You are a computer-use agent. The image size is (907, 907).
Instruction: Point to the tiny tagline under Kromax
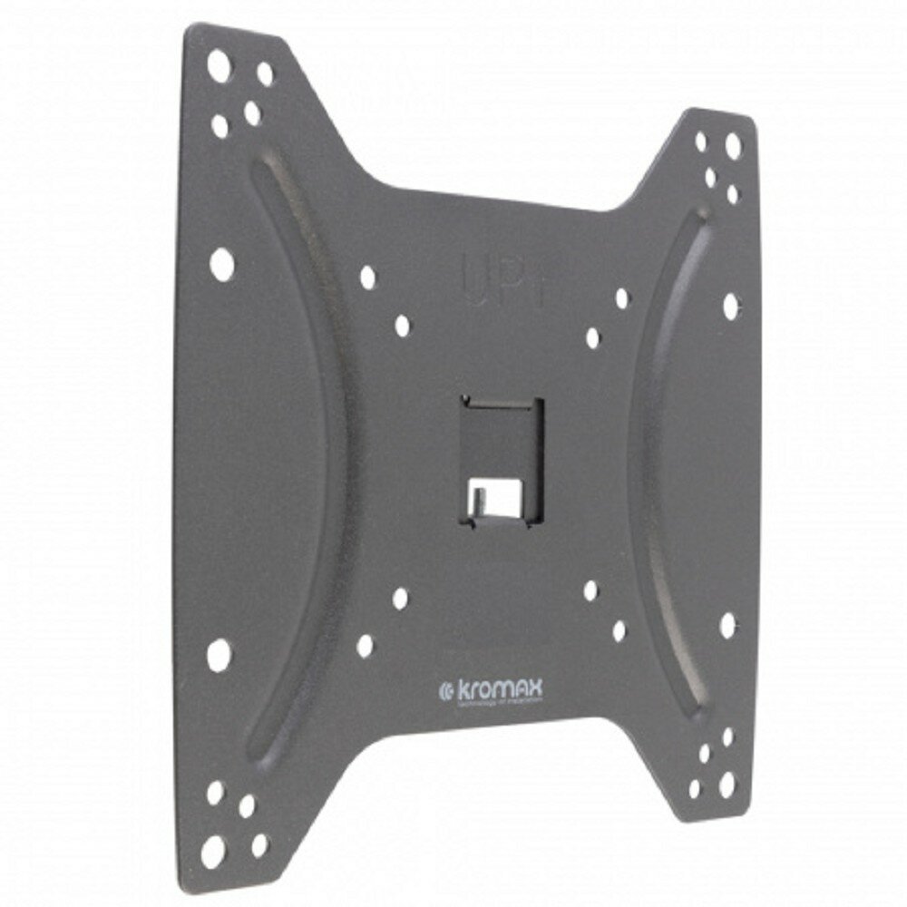pos(500,702)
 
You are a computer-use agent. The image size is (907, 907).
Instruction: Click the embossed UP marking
pos(493,271)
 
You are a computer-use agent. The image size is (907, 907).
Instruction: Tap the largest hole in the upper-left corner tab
pos(219,65)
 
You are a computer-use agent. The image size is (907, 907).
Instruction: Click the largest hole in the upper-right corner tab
pos(732,145)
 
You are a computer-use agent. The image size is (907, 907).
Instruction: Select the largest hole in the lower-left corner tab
pos(214,850)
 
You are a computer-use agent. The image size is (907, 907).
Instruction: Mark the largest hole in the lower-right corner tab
pos(727,783)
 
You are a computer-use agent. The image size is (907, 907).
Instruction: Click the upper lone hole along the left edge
pos(221,263)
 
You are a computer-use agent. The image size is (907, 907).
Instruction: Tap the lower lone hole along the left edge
pos(219,653)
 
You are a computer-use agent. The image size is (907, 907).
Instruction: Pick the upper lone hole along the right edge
pos(730,306)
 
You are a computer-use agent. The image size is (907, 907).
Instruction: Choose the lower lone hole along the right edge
pos(727,624)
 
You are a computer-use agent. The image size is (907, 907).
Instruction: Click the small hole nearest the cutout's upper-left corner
pos(402,326)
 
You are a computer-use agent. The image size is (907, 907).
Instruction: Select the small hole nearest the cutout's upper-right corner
pos(592,337)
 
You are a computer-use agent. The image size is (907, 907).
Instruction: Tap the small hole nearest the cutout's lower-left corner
pos(400,598)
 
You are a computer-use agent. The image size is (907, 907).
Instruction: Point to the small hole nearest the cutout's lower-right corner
pos(590,590)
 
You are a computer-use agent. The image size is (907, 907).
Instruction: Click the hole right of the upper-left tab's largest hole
pos(265,74)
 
